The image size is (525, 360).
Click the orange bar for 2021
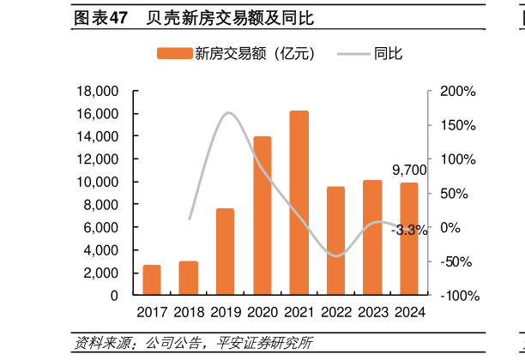[299, 203]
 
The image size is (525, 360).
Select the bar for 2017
[151, 280]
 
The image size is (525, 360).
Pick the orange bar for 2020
[262, 216]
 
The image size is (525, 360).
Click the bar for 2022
[335, 241]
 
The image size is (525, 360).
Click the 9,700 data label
[409, 171]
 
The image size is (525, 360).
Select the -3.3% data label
[409, 230]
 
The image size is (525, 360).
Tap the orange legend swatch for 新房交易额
[174, 54]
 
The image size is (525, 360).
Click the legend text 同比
[389, 54]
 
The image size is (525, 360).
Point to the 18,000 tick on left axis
[97, 92]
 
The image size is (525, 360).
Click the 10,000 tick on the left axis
[97, 182]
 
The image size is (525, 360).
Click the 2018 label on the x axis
[189, 312]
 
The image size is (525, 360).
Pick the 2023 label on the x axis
[372, 312]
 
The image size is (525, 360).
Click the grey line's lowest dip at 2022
[335, 255]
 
